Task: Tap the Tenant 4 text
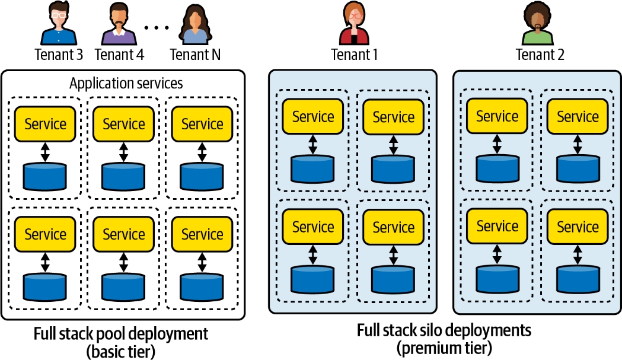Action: click(x=119, y=55)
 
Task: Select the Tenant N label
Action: click(x=195, y=55)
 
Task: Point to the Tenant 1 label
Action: click(x=354, y=55)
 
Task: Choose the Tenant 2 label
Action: click(x=540, y=55)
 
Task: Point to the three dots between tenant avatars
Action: click(x=157, y=28)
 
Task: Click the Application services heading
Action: click(x=126, y=83)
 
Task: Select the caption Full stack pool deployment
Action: click(x=121, y=333)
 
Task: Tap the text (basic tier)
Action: click(x=121, y=351)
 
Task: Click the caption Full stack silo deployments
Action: click(x=444, y=330)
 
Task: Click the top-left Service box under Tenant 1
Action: click(x=313, y=117)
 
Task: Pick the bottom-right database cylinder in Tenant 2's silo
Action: click(x=578, y=278)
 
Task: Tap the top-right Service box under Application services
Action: click(x=202, y=124)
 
